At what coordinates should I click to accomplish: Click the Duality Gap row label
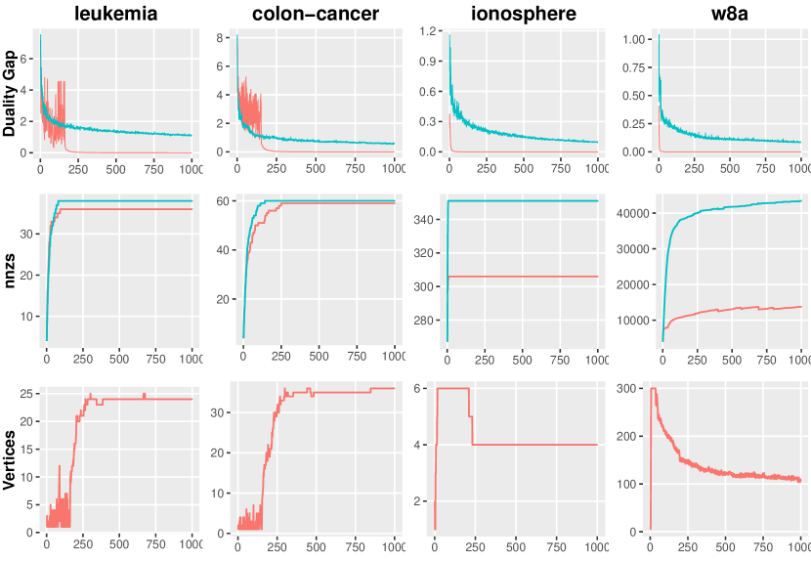tap(10, 94)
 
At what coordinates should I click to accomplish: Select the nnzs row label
tap(10, 271)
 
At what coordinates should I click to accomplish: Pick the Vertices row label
tap(10, 459)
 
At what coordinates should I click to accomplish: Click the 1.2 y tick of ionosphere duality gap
tap(426, 32)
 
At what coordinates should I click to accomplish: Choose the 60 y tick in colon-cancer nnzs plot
tap(222, 201)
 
